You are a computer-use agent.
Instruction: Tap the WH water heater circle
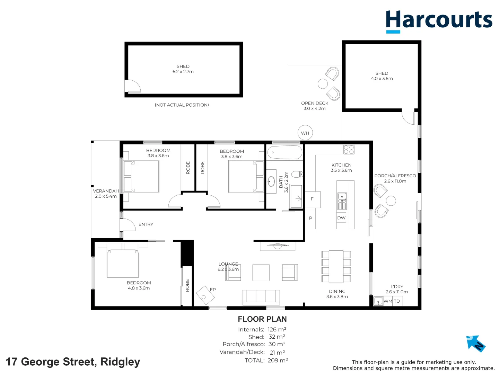tap(305, 133)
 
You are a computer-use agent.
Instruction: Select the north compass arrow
tap(476, 343)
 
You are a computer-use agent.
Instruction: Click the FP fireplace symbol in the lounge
tap(205, 295)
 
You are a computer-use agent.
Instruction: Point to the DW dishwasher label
tap(341, 218)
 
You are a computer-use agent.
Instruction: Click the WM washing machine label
tap(388, 301)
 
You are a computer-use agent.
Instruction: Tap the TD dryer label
tap(397, 301)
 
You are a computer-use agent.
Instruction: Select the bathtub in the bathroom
tap(285, 152)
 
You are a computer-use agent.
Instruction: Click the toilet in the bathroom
tap(297, 174)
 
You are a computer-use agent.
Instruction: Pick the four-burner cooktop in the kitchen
tap(349, 150)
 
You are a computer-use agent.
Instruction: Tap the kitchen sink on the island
tap(342, 198)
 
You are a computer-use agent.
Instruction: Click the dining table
tap(336, 267)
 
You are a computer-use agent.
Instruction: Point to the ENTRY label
tap(146, 224)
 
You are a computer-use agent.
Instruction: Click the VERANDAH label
tap(106, 191)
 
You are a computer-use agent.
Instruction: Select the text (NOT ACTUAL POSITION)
tap(182, 105)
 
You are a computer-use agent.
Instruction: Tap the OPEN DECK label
tap(315, 103)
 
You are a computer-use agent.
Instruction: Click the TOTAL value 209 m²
tap(278, 360)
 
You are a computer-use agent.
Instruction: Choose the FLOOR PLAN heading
tap(262, 319)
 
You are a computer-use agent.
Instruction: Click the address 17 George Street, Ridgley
tap(73, 362)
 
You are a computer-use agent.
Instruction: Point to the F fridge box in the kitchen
tap(312, 199)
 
